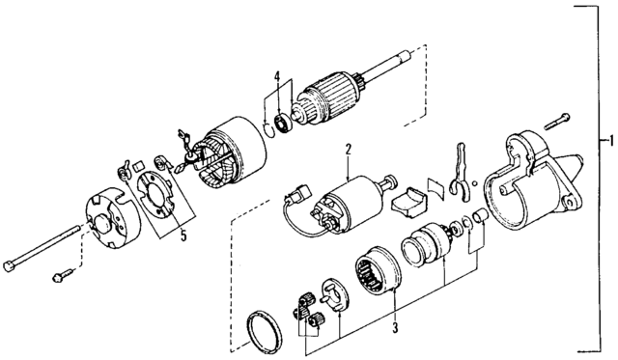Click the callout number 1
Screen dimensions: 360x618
tap(604, 142)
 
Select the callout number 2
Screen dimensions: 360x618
tap(347, 149)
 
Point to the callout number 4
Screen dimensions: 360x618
tap(276, 76)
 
